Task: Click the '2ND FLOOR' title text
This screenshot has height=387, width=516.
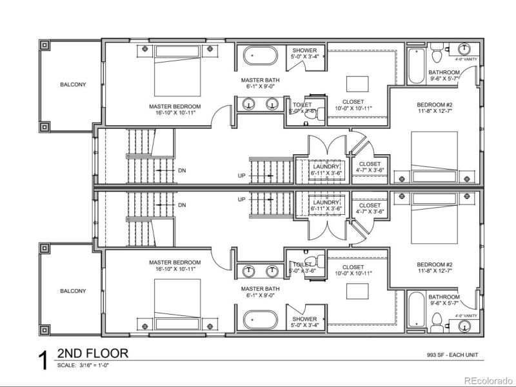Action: coord(93,353)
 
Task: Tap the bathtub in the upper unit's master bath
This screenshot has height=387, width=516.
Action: coord(260,56)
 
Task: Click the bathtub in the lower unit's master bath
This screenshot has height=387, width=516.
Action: coord(260,319)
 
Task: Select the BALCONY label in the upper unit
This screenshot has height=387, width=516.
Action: coord(73,84)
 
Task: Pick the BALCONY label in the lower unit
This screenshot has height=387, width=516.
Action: coord(73,291)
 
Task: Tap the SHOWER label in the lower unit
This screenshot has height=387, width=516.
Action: coord(304,319)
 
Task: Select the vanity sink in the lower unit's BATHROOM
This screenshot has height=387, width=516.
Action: coord(464,326)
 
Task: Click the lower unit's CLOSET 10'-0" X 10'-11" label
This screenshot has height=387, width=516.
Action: coord(353,267)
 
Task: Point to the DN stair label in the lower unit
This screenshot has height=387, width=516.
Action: coord(182,205)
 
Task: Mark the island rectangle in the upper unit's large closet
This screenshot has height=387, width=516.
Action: coord(355,84)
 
